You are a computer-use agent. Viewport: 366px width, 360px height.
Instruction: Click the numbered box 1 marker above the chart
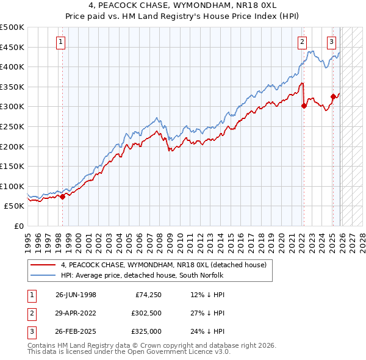coord(62,42)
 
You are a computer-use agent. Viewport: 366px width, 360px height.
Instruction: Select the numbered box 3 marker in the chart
coord(331,42)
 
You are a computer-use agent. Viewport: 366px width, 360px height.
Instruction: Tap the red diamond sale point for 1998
coord(62,196)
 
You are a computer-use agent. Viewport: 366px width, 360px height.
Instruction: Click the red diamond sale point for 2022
coord(304,106)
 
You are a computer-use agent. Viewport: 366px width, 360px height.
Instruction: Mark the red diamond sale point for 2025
coord(333,96)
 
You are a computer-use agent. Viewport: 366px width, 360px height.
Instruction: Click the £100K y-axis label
coord(12,186)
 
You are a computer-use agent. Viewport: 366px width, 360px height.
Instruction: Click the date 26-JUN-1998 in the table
coord(76,294)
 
